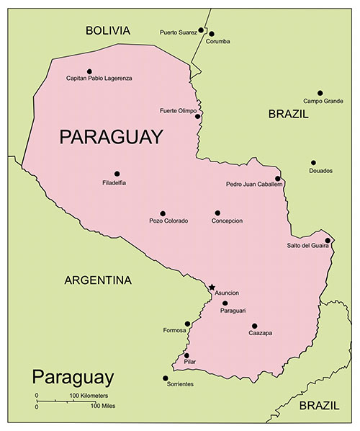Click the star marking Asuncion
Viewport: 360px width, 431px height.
click(212, 287)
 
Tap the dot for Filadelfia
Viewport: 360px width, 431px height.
click(117, 174)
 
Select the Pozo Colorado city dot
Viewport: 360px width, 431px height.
click(163, 213)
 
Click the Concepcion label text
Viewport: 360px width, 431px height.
click(227, 221)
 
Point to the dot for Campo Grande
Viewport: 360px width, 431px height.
click(320, 93)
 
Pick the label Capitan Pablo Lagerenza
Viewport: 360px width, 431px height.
click(99, 79)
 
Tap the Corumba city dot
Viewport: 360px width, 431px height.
click(212, 33)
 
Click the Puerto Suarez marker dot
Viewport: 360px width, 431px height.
click(201, 31)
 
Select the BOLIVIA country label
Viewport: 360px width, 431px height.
click(107, 30)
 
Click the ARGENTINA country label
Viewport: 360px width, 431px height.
click(98, 280)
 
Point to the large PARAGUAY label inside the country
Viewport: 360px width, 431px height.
click(111, 137)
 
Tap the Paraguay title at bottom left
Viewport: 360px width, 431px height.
click(73, 377)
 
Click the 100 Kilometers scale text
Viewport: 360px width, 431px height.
click(89, 396)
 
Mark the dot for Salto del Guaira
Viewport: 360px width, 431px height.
click(328, 240)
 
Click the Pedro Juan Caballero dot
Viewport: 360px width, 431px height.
click(277, 178)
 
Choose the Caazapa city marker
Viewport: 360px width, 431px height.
click(254, 326)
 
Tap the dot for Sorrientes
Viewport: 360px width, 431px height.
click(166, 378)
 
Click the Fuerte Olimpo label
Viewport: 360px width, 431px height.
click(178, 110)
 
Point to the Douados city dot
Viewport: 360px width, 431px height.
click(313, 163)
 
